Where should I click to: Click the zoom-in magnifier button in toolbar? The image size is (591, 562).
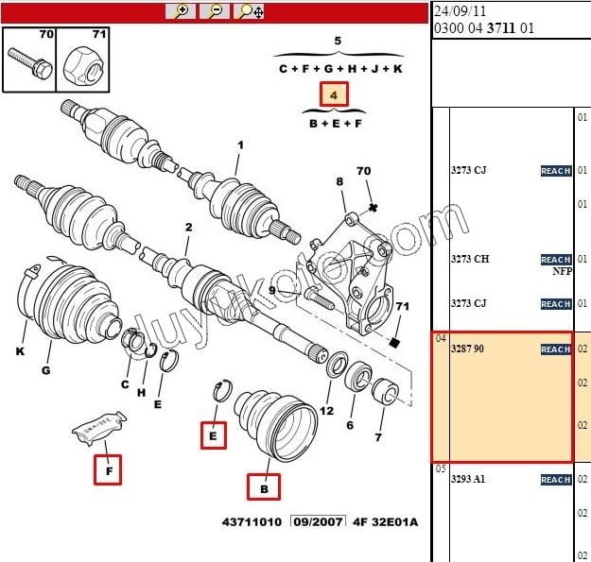pyautogui.click(x=181, y=11)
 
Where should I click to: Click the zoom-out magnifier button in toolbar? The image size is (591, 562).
pyautogui.click(x=215, y=11)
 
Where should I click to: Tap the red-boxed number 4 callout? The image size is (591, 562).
pyautogui.click(x=334, y=94)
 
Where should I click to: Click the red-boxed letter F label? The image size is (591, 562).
pyautogui.click(x=108, y=469)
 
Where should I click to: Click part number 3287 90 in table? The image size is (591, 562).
pyautogui.click(x=468, y=349)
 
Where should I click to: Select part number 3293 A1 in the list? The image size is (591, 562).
pyautogui.click(x=468, y=479)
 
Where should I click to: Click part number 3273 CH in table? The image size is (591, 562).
pyautogui.click(x=469, y=259)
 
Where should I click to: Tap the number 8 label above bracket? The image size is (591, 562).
pyautogui.click(x=339, y=181)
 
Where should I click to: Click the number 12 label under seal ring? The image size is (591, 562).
pyautogui.click(x=326, y=411)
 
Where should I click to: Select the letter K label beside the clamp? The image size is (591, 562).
pyautogui.click(x=20, y=352)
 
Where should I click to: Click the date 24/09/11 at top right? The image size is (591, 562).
pyautogui.click(x=461, y=10)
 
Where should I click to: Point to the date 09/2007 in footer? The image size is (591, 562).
pyautogui.click(x=317, y=521)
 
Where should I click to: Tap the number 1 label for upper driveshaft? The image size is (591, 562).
pyautogui.click(x=240, y=145)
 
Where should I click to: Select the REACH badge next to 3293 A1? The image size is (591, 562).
pyautogui.click(x=555, y=480)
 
